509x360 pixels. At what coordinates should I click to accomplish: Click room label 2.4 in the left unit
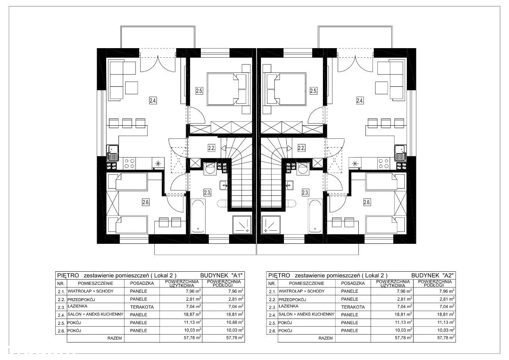153,100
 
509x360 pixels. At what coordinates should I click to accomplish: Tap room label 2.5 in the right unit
313,91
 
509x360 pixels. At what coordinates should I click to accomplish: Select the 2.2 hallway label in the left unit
211,148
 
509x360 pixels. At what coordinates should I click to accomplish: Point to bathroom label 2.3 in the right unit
305,193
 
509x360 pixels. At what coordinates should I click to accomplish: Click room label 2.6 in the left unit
146,202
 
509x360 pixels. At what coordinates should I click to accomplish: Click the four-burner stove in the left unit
129,163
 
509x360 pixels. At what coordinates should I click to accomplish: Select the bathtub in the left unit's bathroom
198,216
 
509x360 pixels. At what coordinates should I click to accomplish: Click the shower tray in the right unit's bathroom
271,225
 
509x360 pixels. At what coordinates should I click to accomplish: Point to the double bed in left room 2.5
227,89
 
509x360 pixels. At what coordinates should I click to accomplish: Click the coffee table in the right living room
381,88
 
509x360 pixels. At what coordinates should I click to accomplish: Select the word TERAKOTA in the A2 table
353,307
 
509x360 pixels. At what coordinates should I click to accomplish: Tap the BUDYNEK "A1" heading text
221,275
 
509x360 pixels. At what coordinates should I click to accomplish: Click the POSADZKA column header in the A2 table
353,283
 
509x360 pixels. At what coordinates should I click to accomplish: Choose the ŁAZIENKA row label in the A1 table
78,306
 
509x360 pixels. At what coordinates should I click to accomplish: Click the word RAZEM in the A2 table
325,338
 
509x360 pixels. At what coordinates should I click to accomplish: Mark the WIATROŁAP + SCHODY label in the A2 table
301,291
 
